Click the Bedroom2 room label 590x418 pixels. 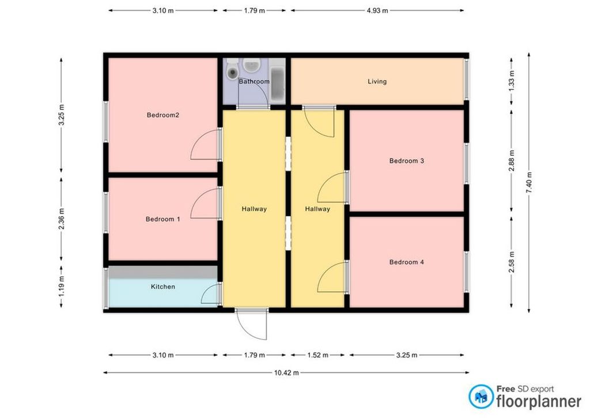(162, 115)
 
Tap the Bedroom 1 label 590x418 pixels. (162, 219)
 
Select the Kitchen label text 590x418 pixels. (163, 287)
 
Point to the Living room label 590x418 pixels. (377, 81)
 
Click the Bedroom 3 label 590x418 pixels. (406, 161)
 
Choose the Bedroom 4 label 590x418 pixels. (406, 262)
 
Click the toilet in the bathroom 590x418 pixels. (233, 69)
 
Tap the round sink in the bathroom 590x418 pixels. (251, 66)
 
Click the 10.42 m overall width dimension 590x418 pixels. (286, 373)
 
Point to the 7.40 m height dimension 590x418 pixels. (529, 183)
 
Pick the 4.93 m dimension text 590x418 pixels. (377, 10)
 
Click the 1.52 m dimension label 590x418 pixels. (318, 355)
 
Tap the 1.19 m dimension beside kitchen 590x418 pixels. (62, 287)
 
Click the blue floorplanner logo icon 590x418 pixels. (481, 397)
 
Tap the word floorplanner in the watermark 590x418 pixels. (539, 401)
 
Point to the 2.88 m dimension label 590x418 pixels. (512, 161)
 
